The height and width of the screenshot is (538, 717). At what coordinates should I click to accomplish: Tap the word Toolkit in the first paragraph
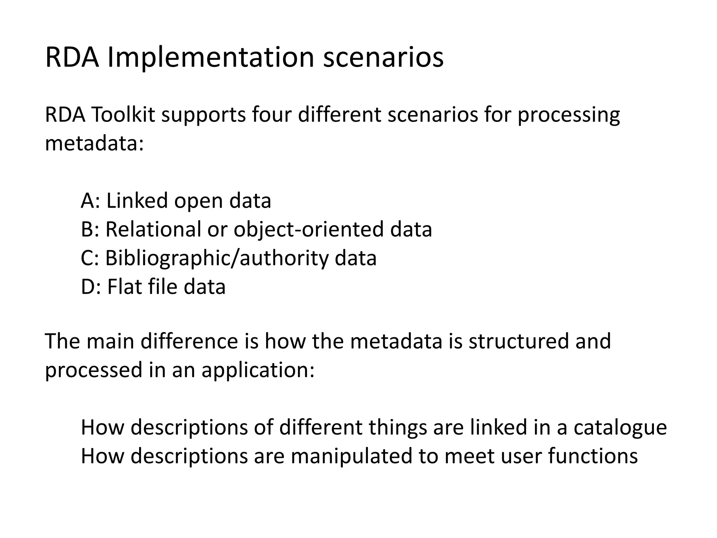[x=123, y=115]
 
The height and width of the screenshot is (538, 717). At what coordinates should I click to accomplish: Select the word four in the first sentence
[x=271, y=115]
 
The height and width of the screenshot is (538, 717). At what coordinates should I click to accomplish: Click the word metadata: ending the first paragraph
[x=95, y=144]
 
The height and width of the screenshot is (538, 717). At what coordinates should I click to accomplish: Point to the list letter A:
[x=90, y=201]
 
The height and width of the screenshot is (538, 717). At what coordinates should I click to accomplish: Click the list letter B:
[x=90, y=229]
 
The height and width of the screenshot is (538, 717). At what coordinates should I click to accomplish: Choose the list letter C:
[x=90, y=258]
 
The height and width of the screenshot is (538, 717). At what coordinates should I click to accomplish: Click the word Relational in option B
[x=153, y=229]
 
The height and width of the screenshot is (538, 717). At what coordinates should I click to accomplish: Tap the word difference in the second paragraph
[x=189, y=342]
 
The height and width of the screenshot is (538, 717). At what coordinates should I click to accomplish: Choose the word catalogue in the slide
[x=620, y=428]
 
